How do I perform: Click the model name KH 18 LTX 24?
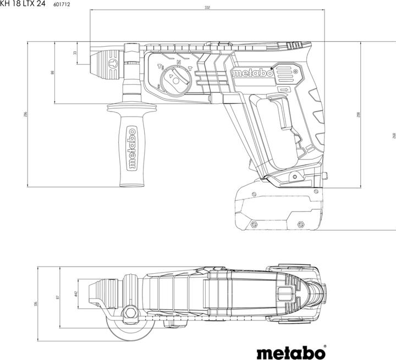23,4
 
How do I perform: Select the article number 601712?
62,4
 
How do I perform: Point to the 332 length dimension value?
207,8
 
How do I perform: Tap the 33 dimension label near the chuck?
75,53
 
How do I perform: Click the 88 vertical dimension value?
53,72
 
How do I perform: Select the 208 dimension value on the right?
358,114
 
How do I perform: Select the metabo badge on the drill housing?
252,74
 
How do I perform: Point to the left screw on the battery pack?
254,224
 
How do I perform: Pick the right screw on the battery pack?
300,224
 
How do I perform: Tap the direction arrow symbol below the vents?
284,90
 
